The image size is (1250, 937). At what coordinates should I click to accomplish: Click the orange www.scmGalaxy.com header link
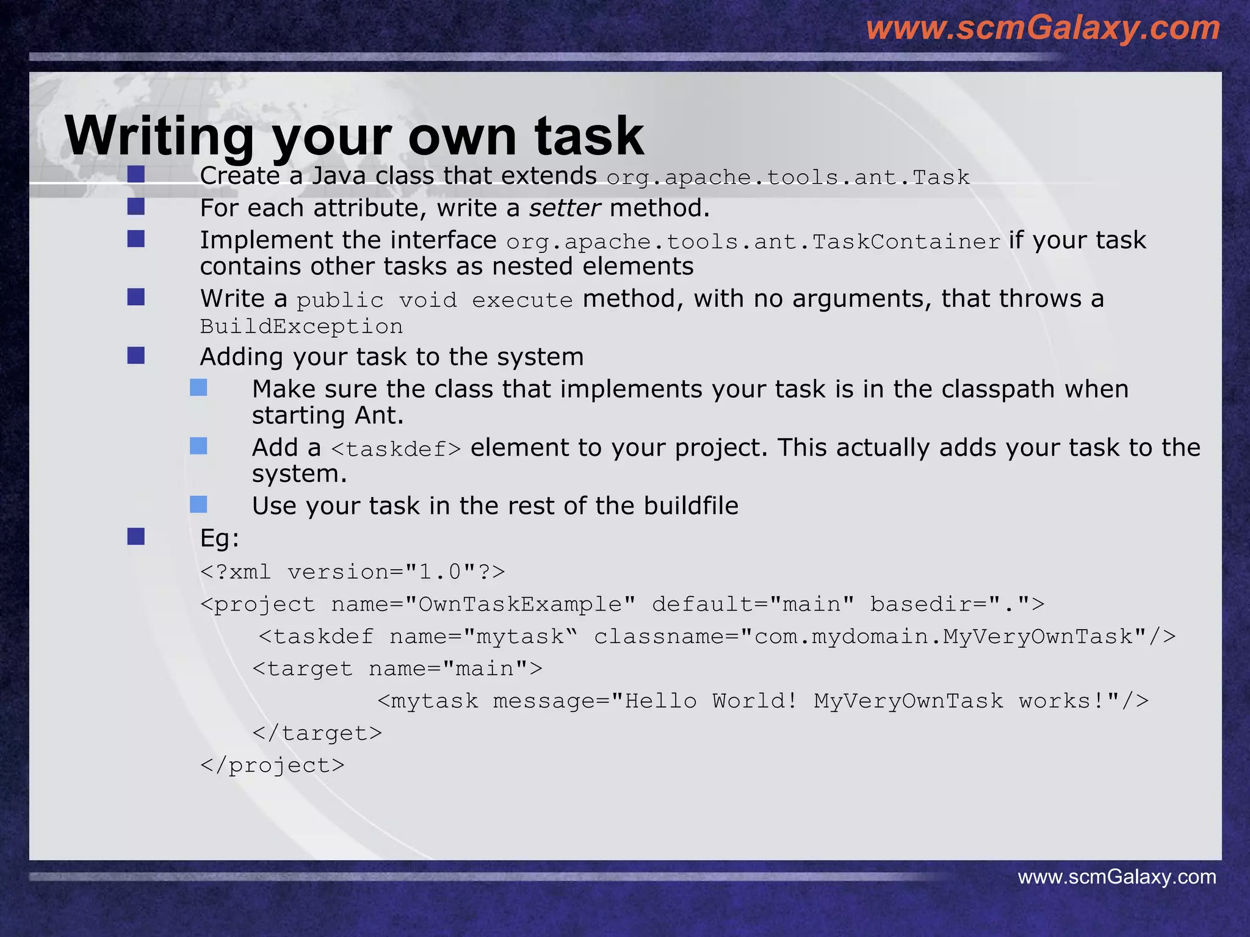click(1042, 28)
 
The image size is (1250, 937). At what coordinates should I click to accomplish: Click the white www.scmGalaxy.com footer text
click(1116, 877)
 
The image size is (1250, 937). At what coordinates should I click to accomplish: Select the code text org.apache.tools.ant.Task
click(787, 178)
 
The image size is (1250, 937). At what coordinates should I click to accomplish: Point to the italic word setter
click(565, 208)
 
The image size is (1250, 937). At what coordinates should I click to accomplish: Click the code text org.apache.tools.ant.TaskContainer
click(753, 242)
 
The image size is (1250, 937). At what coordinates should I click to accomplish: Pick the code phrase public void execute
click(435, 300)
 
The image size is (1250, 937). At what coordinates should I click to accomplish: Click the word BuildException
click(302, 326)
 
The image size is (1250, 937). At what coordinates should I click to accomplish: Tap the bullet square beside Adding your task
click(135, 355)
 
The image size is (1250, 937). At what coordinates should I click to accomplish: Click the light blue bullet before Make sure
click(198, 387)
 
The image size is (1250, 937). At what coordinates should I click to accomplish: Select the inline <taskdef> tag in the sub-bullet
click(396, 449)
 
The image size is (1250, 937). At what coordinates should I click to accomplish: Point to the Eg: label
click(220, 538)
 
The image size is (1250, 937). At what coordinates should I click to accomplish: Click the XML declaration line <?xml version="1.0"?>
click(353, 572)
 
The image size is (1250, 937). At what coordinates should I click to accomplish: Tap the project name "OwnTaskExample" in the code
click(520, 605)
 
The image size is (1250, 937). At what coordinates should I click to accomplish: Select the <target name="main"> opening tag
click(397, 669)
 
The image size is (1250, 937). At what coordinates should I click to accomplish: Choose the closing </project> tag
click(272, 766)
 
